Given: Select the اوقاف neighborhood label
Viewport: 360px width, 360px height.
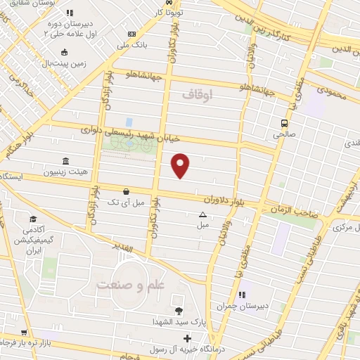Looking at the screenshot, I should pyautogui.click(x=196, y=94).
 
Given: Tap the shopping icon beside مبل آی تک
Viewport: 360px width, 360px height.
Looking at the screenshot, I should pyautogui.click(x=126, y=191).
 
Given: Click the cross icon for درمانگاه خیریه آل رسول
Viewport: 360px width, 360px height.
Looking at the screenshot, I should pyautogui.click(x=186, y=338).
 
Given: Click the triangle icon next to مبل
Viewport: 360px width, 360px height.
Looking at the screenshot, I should pyautogui.click(x=202, y=214).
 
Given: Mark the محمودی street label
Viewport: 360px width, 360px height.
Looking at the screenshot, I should pyautogui.click(x=333, y=91).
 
